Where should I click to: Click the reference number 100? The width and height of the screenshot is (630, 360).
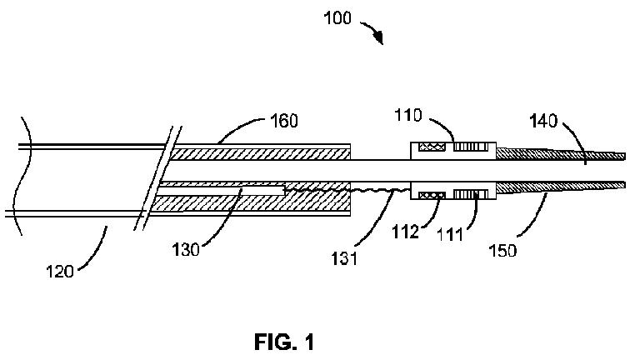(x=337, y=18)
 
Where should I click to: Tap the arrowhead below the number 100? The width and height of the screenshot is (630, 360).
(x=378, y=38)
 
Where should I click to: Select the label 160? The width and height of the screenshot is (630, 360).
(x=284, y=121)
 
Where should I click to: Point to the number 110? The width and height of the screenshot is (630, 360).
(x=408, y=115)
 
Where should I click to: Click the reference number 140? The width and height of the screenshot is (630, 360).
(x=543, y=121)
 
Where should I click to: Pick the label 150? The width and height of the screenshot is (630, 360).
(x=502, y=250)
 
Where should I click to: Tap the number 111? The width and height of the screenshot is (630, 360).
(x=450, y=234)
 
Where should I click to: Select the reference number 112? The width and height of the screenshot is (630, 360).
(x=405, y=232)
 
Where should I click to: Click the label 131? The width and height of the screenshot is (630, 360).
(x=344, y=258)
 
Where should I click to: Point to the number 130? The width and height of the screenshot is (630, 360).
(x=186, y=250)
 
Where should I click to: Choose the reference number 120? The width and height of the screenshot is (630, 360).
(x=60, y=272)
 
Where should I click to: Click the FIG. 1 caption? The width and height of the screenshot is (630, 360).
(x=284, y=342)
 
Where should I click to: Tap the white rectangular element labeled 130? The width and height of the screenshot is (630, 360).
(x=220, y=191)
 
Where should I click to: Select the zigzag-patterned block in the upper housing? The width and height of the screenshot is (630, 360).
(x=432, y=147)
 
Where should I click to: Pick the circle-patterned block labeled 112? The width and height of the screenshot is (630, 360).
(x=432, y=195)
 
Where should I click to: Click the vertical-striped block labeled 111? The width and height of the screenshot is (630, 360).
(x=471, y=195)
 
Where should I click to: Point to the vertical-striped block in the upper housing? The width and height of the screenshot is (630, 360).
(x=471, y=147)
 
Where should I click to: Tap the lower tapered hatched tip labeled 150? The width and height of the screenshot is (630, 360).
(x=561, y=187)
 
